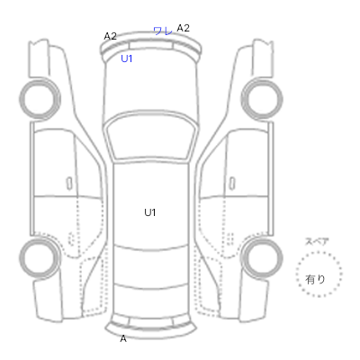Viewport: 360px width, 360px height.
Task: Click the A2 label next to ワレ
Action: pyautogui.click(x=183, y=28)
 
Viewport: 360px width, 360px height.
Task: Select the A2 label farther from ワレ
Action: pyautogui.click(x=110, y=36)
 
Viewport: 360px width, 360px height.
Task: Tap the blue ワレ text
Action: pyautogui.click(x=163, y=31)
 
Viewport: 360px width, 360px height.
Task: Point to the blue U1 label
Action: pyautogui.click(x=127, y=58)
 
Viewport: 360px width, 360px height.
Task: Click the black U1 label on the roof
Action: pyautogui.click(x=150, y=212)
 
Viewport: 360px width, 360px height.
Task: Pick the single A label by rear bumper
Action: pyautogui.click(x=123, y=338)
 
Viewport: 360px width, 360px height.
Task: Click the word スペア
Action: pyautogui.click(x=317, y=241)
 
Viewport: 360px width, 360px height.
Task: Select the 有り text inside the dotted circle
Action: pyautogui.click(x=315, y=279)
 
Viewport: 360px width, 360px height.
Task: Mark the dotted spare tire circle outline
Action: pyautogui.click(x=319, y=253)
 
